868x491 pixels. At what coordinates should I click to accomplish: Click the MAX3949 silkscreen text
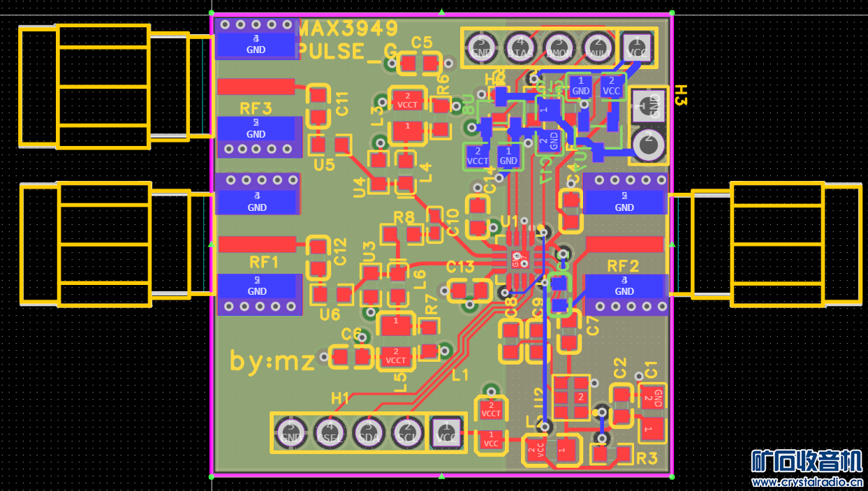[x=348, y=29]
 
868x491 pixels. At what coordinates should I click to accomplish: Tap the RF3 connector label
[x=256, y=108]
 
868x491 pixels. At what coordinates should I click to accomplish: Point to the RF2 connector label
[x=624, y=266]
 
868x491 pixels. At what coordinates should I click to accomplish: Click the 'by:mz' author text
[x=272, y=360]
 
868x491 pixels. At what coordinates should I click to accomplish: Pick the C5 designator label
[x=422, y=43]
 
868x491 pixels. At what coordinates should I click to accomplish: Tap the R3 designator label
[x=647, y=458]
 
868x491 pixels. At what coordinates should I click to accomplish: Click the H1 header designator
[x=340, y=398]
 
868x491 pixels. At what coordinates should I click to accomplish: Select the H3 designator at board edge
[x=681, y=96]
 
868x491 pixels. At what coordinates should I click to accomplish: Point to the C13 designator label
[x=460, y=266]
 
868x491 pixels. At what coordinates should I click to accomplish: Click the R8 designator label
[x=404, y=217]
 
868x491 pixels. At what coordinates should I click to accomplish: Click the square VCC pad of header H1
[x=446, y=434]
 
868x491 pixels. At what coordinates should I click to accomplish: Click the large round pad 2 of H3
[x=649, y=143]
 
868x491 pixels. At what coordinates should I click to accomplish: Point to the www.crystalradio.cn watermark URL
[x=809, y=482]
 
